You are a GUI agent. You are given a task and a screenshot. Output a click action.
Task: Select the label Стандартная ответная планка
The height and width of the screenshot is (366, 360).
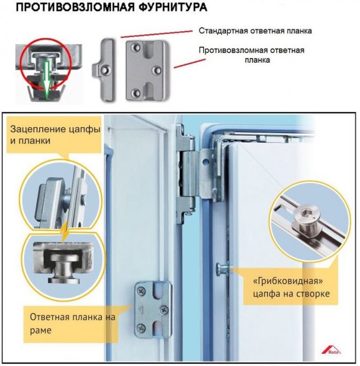pyautogui.click(x=255, y=31)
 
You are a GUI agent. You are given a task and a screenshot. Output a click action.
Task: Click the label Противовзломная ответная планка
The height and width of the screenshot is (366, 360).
pyautogui.click(x=251, y=55)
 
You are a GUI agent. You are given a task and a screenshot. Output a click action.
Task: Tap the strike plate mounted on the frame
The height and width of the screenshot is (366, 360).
pyautogui.click(x=152, y=309)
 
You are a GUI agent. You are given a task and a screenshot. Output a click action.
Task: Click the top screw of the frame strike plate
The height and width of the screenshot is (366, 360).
pyautogui.click(x=141, y=291)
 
